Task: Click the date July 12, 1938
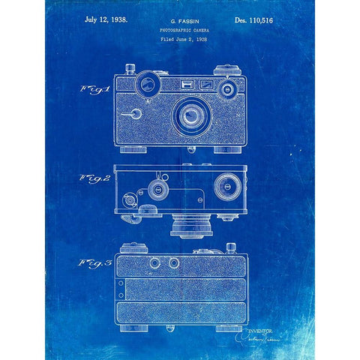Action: (x=106, y=19)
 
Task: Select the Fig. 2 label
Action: (x=94, y=179)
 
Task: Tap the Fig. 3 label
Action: (x=94, y=263)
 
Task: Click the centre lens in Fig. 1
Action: (x=190, y=114)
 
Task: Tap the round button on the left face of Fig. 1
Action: (x=135, y=114)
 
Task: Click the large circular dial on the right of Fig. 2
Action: (x=225, y=186)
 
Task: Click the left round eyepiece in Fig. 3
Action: (x=154, y=263)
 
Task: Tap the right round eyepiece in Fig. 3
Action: (x=173, y=263)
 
